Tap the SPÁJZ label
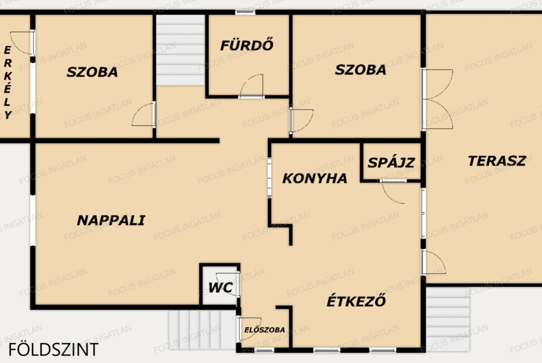391,162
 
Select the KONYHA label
315,178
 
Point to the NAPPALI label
111,220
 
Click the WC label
220,288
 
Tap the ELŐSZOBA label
265,330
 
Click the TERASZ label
497,161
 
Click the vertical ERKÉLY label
7,82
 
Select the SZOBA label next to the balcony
92,72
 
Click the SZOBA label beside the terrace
360,70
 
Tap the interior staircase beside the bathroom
180,49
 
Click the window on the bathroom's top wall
246,12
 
